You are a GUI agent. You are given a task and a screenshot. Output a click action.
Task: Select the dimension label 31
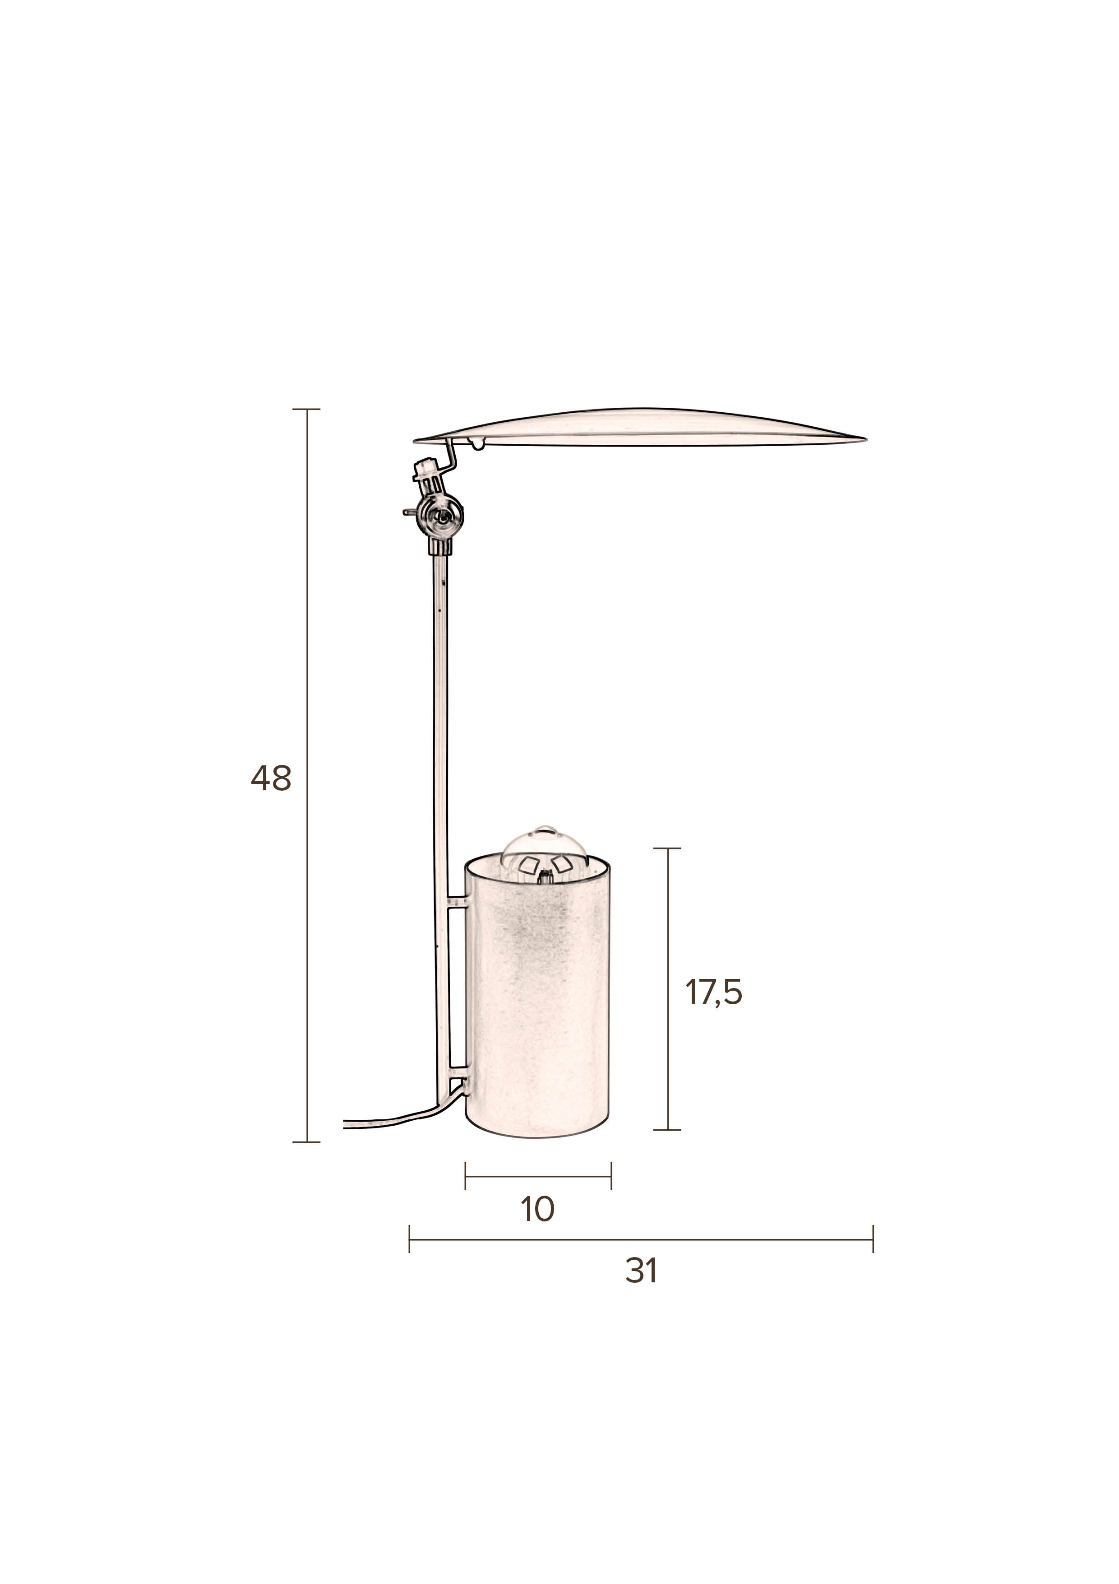[x=641, y=1271]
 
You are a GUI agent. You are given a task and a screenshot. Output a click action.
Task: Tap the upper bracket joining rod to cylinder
[x=457, y=902]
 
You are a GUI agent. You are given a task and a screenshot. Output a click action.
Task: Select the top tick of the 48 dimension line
[x=306, y=409]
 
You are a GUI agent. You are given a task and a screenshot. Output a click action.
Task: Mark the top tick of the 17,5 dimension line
[x=667, y=848]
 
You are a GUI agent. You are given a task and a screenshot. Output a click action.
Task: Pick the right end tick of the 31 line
[x=873, y=1239]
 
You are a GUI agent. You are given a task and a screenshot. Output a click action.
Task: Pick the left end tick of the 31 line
[x=410, y=1239]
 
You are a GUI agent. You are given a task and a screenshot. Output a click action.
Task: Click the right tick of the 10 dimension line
[x=611, y=1175]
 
